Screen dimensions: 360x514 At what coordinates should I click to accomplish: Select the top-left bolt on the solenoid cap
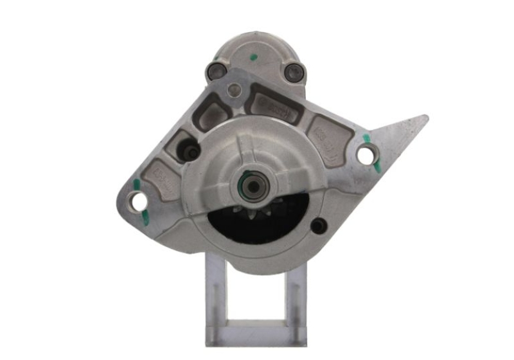(214, 71)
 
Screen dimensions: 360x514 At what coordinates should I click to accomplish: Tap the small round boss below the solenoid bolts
(235, 91)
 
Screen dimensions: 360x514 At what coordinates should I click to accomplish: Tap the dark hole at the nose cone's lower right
(317, 226)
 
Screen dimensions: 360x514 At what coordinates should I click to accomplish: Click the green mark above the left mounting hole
(136, 186)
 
